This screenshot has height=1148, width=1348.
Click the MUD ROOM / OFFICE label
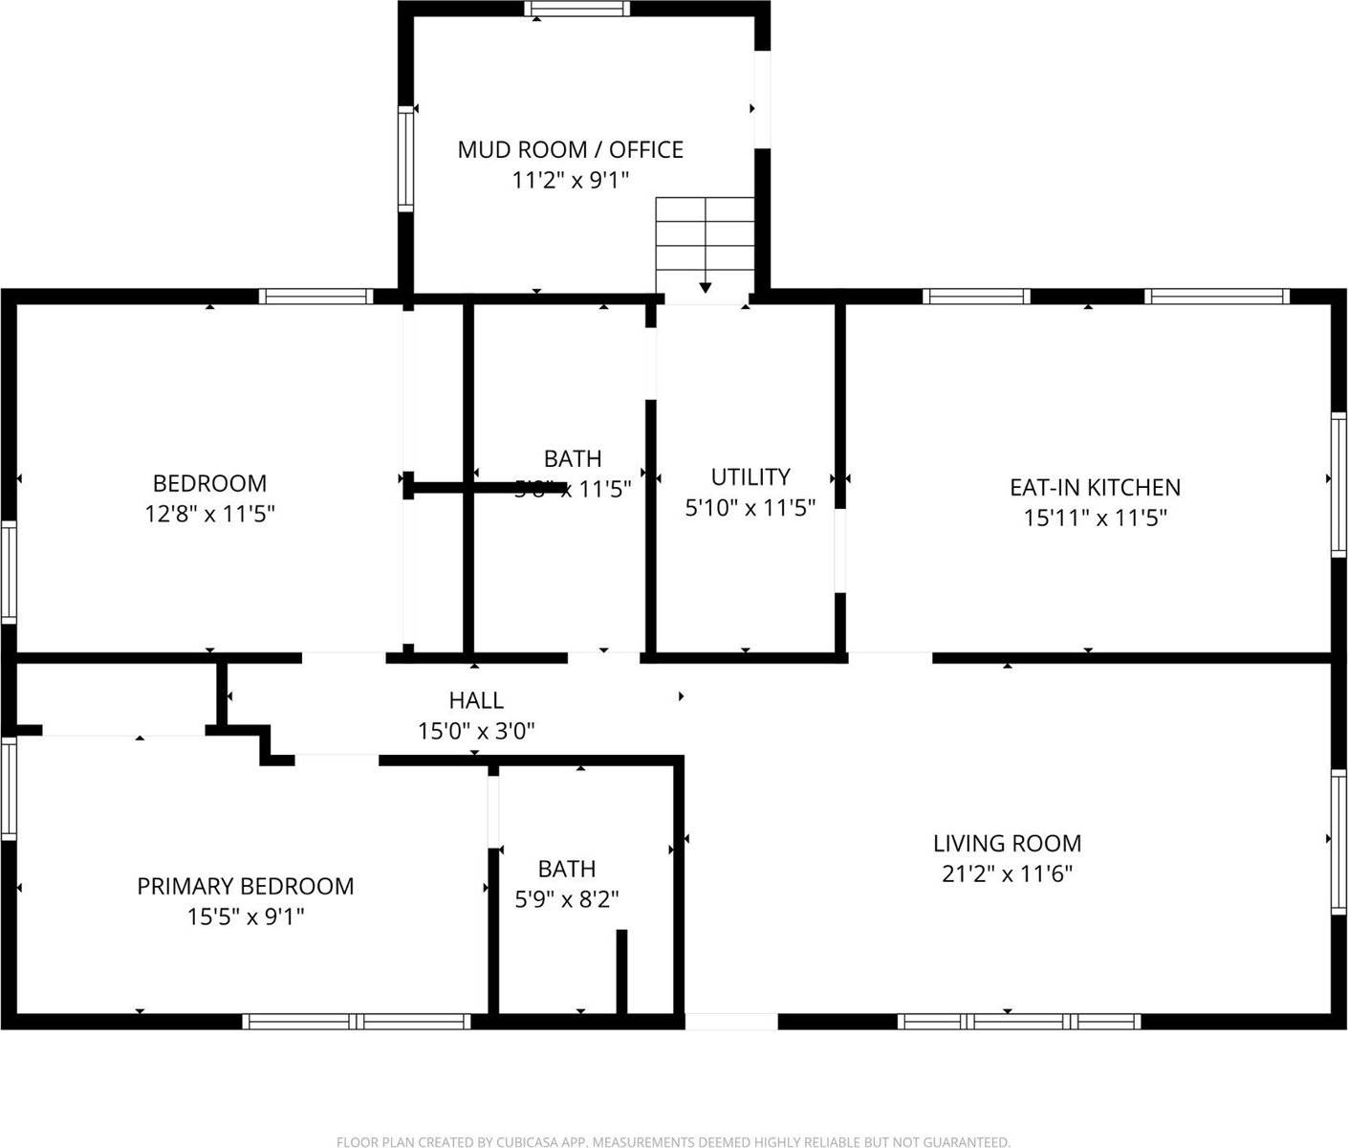(570, 150)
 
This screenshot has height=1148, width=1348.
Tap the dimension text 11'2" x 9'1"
(570, 180)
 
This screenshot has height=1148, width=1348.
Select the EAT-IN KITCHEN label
(1095, 488)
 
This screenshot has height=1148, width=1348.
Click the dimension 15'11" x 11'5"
(1095, 519)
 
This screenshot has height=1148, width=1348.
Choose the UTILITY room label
(750, 477)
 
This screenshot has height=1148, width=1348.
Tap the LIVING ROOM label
(1007, 844)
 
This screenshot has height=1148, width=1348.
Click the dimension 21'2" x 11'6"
(1007, 873)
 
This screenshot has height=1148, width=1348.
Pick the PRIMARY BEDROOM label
(246, 887)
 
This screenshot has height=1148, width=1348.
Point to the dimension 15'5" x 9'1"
(246, 917)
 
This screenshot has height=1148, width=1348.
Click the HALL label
(476, 701)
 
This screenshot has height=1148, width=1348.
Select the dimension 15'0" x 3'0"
(476, 732)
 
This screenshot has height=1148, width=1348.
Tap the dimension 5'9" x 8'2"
(567, 899)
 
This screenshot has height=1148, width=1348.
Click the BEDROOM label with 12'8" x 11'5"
(209, 484)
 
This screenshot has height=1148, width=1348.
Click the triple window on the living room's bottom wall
(1019, 1021)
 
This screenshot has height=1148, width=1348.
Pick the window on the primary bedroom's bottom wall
(357, 1021)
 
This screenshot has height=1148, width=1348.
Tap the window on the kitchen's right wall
(1338, 485)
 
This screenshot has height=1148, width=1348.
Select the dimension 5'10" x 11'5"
(750, 508)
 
